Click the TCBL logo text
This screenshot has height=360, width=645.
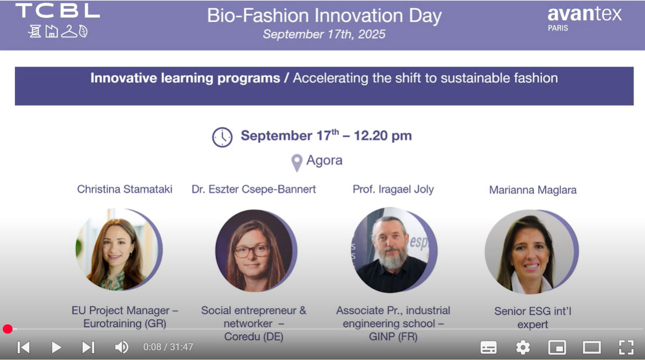pos(57,11)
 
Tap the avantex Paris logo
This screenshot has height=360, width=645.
pos(584,19)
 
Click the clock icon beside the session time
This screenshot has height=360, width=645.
pos(222,137)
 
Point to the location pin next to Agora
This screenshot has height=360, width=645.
pos(297,163)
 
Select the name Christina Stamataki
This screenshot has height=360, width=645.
pos(125,189)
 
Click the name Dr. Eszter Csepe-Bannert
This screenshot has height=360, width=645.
pos(254,189)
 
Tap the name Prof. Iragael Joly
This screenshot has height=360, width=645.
pos(393,189)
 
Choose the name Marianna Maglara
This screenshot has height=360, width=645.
pos(533,190)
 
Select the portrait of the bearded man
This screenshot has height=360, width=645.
pos(394,250)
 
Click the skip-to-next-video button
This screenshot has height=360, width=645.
pos(88,347)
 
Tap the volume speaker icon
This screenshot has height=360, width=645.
pos(121,347)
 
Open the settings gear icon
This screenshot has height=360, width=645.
pos(523,348)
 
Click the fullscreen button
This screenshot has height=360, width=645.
pos(626,348)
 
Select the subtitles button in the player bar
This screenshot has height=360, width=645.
pos(488,348)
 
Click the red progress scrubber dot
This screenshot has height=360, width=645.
pos(7,329)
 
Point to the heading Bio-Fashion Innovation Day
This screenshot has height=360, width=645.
pos(324,16)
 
